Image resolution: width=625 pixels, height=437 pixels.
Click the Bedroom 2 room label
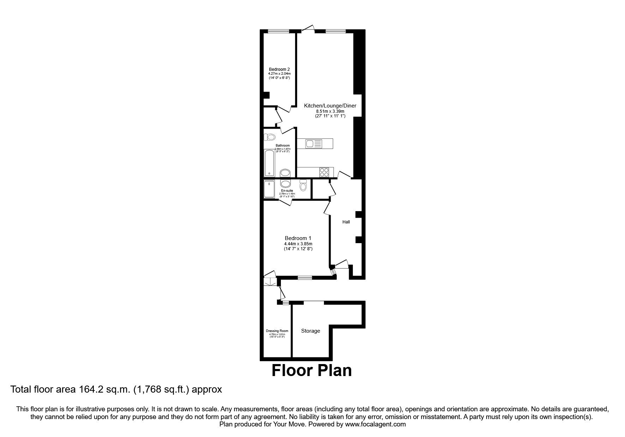[x=279, y=69]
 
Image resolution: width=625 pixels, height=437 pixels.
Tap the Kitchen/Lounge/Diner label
[x=330, y=106]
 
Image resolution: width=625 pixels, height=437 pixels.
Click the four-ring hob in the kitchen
[x=324, y=172]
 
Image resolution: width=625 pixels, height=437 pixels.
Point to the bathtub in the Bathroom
[x=269, y=163]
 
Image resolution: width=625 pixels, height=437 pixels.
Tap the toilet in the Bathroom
[x=270, y=137]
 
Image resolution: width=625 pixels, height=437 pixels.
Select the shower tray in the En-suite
[x=269, y=189]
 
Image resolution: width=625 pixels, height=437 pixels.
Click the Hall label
[x=346, y=222]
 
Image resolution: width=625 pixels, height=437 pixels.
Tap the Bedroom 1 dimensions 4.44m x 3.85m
[x=298, y=244]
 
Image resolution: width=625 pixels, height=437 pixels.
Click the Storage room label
[x=311, y=331]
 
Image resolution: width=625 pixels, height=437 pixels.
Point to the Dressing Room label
[x=277, y=331]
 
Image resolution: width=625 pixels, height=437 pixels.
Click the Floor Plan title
[x=312, y=370]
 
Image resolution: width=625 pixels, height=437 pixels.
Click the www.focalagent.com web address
[x=375, y=424]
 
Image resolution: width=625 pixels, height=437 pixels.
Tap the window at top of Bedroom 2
[x=278, y=31]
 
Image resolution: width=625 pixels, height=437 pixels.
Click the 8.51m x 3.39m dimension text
[x=330, y=111]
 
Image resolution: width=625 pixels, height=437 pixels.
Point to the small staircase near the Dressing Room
[x=270, y=282]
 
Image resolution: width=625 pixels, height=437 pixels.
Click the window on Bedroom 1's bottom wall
[x=305, y=277]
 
